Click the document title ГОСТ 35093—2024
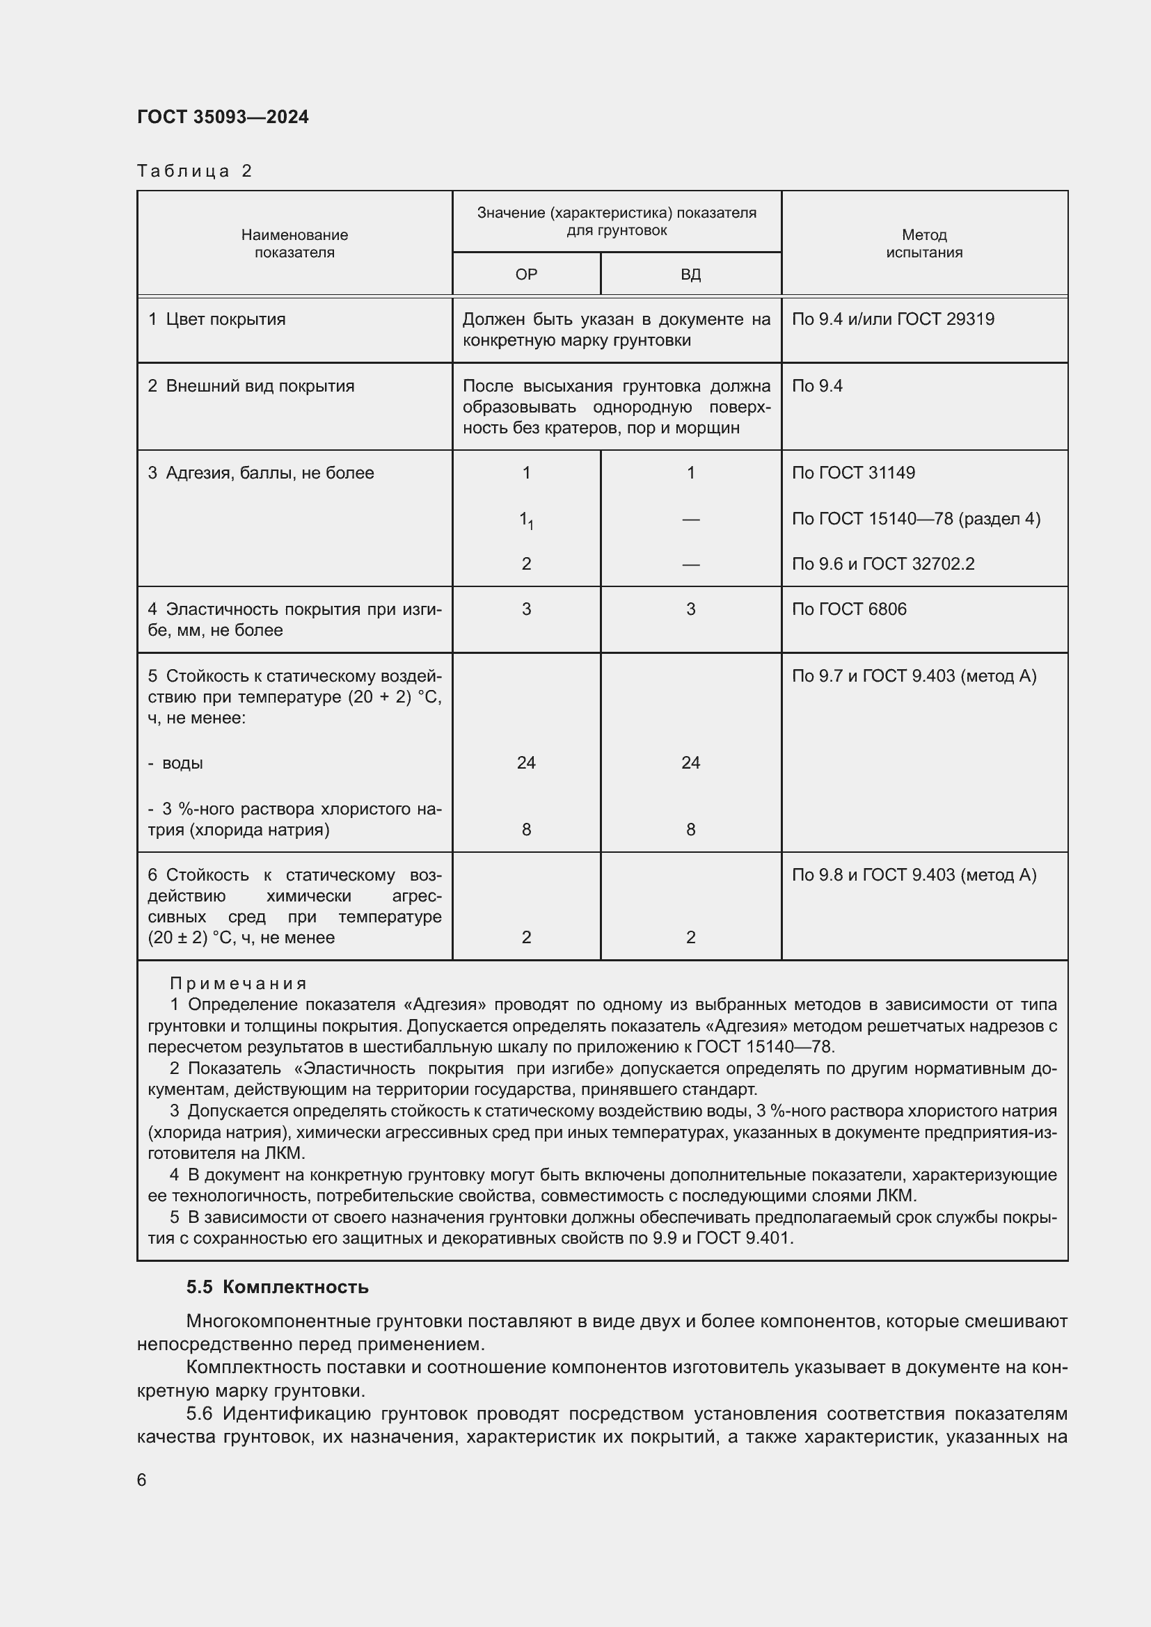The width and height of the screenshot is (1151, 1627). (x=223, y=117)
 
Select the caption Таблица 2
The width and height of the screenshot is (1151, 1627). (x=194, y=171)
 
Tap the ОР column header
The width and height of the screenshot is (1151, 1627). (x=526, y=274)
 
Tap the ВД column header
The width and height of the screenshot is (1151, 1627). (x=690, y=274)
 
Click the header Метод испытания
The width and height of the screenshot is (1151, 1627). (x=924, y=243)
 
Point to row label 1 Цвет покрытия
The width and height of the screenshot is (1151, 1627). (x=216, y=319)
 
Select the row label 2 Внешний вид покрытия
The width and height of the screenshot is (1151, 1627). (x=251, y=386)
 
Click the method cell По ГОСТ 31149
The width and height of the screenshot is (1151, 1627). (x=853, y=472)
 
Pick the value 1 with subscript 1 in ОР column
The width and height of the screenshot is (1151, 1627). (x=526, y=520)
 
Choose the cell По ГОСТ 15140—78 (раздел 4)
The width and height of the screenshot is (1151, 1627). (x=916, y=519)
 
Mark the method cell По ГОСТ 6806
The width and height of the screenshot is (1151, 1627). (x=849, y=609)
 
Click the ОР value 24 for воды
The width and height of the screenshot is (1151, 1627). (x=526, y=762)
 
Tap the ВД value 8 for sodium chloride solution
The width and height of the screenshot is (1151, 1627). (x=690, y=829)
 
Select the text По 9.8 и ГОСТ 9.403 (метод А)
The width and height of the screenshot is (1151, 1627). (x=914, y=874)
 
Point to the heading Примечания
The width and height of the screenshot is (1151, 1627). (x=238, y=984)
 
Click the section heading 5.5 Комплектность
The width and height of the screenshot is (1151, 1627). (x=277, y=1287)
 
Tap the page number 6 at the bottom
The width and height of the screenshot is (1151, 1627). (x=142, y=1480)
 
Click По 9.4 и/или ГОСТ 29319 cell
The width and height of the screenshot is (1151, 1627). (x=893, y=319)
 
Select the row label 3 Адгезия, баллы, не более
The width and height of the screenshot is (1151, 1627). (x=261, y=472)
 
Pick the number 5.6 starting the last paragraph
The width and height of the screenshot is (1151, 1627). (x=199, y=1413)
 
